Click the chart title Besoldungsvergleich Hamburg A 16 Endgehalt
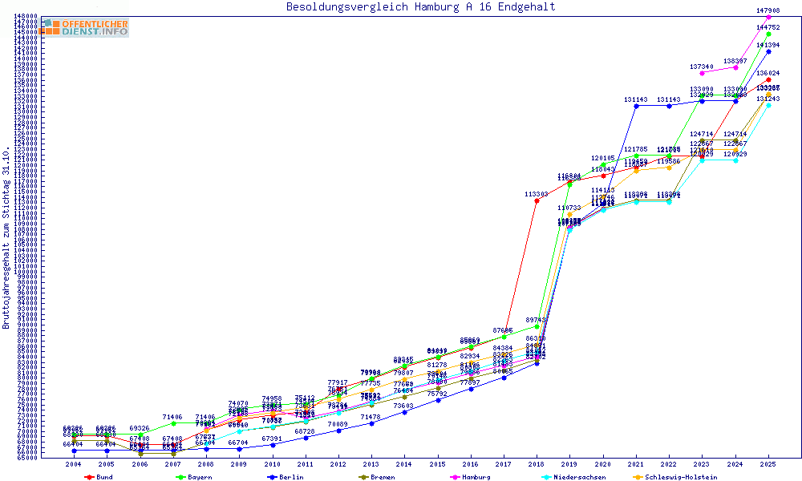[x=420, y=7]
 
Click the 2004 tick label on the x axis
[x=74, y=464]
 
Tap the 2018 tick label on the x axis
[x=537, y=464]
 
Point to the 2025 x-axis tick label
[x=768, y=464]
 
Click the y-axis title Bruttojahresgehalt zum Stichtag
[x=6, y=238]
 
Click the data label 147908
[x=768, y=10]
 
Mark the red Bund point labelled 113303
[x=537, y=200]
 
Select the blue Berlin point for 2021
[x=636, y=106]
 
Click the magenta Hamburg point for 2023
[x=702, y=73]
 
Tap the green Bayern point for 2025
[x=768, y=34]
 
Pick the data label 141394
[x=768, y=45]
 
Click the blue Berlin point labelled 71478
[x=371, y=423]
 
